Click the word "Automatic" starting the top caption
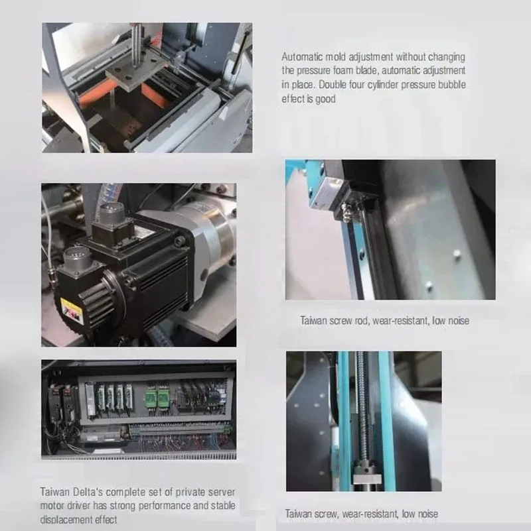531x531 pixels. click(x=300, y=57)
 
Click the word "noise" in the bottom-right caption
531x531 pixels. click(x=424, y=514)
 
